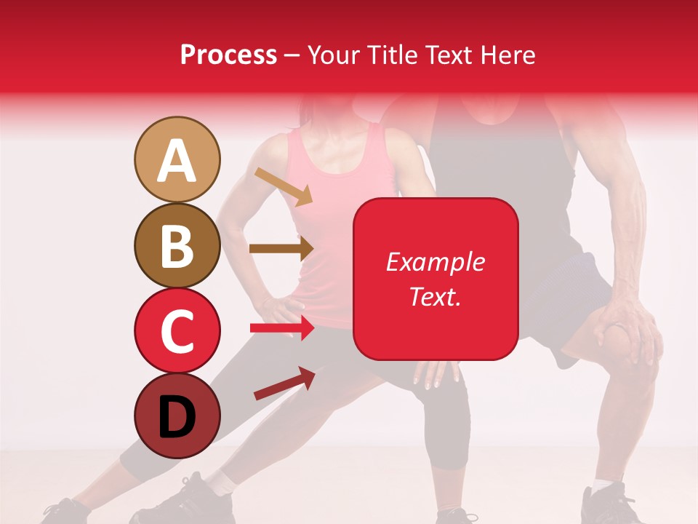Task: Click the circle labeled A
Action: click(x=177, y=159)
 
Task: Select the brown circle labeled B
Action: click(x=177, y=245)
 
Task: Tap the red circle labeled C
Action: click(x=177, y=330)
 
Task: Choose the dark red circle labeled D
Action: click(x=177, y=416)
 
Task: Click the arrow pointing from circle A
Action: click(x=284, y=186)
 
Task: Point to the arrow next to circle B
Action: click(x=281, y=249)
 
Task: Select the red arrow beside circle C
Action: click(x=282, y=328)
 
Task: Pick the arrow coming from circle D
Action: click(x=284, y=384)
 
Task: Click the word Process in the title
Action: click(x=228, y=55)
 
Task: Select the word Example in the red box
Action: click(x=435, y=262)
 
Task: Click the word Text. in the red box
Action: click(x=435, y=296)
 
